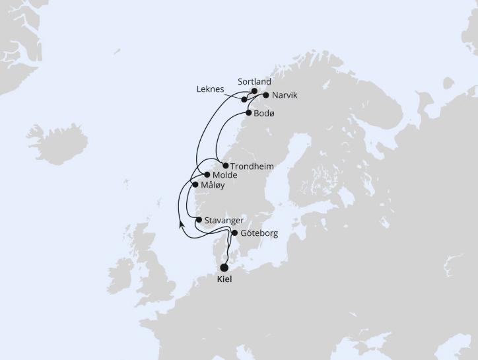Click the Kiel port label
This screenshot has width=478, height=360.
[x=224, y=279]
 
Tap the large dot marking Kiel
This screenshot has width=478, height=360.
[x=224, y=268]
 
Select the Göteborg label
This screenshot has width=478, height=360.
[x=259, y=233]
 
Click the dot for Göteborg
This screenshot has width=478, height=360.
[x=234, y=233]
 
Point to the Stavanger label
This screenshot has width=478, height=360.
[x=226, y=220]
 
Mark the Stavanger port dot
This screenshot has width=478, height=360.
[x=199, y=220]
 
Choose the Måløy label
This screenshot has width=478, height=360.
[x=213, y=186]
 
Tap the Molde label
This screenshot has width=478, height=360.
[x=226, y=175]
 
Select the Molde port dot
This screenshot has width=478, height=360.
[x=207, y=175]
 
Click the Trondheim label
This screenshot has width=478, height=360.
[x=252, y=166]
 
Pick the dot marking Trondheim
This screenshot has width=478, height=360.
[x=226, y=166]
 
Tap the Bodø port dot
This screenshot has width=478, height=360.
[x=248, y=114]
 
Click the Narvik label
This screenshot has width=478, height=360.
[x=285, y=95]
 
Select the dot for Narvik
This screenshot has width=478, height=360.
[x=265, y=95]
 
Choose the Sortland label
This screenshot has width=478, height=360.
[x=254, y=82]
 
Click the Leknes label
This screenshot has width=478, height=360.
[x=211, y=89]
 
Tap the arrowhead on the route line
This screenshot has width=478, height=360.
[x=181, y=225]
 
